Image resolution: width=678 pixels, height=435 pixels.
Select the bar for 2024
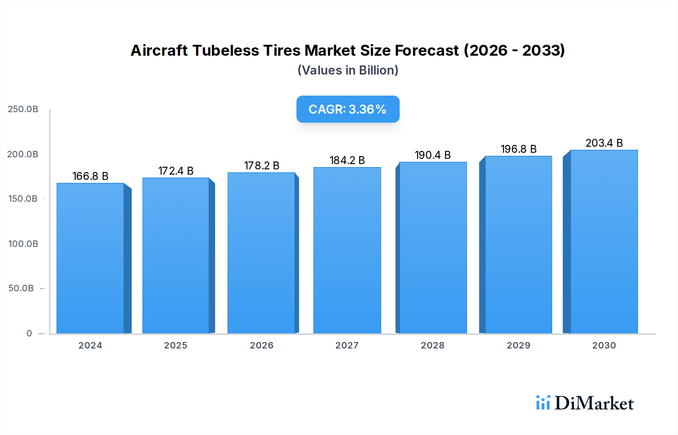[90, 258]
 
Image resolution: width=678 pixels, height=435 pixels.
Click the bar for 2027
[347, 250]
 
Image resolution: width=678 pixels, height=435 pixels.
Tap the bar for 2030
[604, 242]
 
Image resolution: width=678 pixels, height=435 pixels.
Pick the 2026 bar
[261, 253]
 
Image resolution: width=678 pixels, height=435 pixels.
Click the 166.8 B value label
[90, 176]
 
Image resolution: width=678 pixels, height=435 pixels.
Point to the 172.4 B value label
[176, 171]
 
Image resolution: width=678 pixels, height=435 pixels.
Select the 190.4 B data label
[433, 155]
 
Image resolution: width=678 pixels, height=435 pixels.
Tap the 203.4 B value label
[604, 143]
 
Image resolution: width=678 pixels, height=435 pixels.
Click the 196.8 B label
[518, 149]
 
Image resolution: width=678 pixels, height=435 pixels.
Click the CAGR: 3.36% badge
[348, 109]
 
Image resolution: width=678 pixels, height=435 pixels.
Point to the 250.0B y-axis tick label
[23, 109]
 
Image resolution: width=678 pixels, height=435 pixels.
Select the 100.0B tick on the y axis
[23, 244]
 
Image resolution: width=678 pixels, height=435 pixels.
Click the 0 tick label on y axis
[29, 333]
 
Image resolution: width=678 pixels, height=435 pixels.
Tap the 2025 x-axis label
[176, 345]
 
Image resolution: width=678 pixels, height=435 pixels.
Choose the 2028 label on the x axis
[432, 345]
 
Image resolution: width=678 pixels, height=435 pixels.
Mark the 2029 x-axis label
[518, 345]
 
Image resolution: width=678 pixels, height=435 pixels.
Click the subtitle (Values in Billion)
[348, 70]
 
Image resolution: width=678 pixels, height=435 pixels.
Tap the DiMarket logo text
[594, 403]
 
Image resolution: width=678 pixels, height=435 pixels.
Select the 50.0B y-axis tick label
[21, 288]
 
